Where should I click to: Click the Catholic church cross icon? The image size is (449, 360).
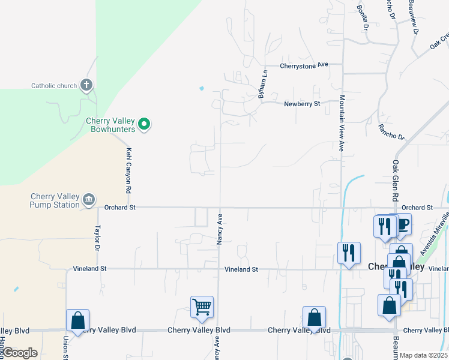pyautogui.click(x=86, y=85)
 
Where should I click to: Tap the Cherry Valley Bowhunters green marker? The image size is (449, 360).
pyautogui.click(x=144, y=124)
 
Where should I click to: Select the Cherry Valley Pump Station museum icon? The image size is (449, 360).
pyautogui.click(x=89, y=200)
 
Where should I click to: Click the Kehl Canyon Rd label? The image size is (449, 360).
pyautogui.click(x=128, y=170)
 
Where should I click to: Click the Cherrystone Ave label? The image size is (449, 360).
pyautogui.click(x=305, y=65)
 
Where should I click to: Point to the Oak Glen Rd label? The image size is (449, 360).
pyautogui.click(x=396, y=180)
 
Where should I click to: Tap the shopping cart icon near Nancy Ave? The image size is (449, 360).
pyautogui.click(x=202, y=307)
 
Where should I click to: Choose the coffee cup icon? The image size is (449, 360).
pyautogui.click(x=401, y=224)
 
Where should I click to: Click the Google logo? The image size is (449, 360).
pyautogui.click(x=20, y=353)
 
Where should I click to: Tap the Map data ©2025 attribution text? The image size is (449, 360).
pyautogui.click(x=424, y=355)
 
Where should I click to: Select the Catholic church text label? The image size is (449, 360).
pyautogui.click(x=54, y=86)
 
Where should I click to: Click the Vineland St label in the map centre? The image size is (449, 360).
pyautogui.click(x=241, y=269)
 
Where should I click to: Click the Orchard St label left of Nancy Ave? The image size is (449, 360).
pyautogui.click(x=119, y=208)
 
